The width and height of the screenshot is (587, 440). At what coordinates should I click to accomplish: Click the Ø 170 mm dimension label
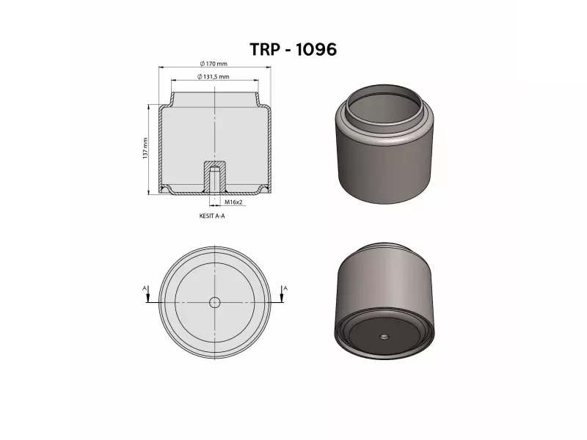[214, 64]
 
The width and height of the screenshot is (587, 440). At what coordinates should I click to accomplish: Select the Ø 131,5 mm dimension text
[214, 76]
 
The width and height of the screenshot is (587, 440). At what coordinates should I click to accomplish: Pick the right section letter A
[285, 288]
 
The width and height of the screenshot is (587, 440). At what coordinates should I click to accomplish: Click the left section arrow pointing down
[148, 297]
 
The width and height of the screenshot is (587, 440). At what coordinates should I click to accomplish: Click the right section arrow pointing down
[281, 297]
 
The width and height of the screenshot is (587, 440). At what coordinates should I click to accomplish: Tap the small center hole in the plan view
[215, 302]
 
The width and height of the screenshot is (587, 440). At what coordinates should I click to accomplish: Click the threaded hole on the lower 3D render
[384, 337]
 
